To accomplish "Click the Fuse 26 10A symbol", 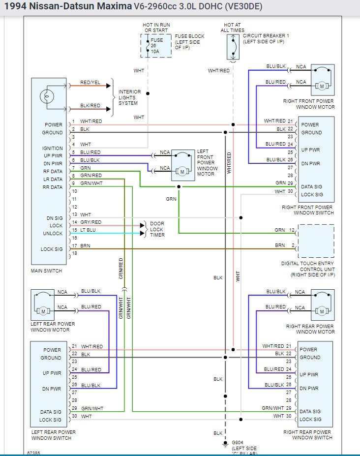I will [155, 46].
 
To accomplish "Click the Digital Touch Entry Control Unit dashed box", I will [316, 241].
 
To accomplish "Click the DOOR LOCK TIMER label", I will [157, 229].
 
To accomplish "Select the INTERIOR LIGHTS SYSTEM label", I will [130, 97].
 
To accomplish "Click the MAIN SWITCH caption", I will [46, 271].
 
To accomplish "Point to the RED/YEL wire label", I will [90, 83].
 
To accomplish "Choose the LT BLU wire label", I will [88, 230].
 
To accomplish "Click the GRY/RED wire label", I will [90, 222].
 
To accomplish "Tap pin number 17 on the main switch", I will [75, 245].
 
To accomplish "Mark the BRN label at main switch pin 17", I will [86, 245].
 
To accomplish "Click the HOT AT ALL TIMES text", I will [234, 28].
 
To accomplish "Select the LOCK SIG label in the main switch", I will [52, 249].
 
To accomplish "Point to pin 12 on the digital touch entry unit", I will [292, 230].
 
